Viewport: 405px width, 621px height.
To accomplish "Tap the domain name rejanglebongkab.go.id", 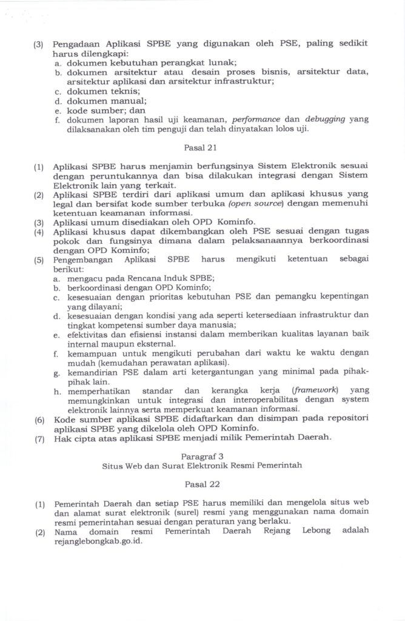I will [x=98, y=542].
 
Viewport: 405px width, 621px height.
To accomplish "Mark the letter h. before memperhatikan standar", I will [x=56, y=391].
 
